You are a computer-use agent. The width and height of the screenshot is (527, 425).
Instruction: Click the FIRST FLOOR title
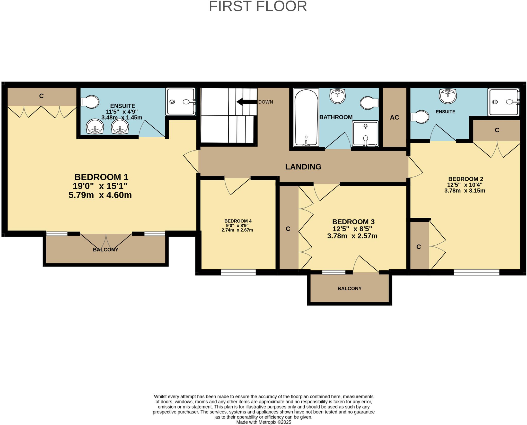tap(258, 6)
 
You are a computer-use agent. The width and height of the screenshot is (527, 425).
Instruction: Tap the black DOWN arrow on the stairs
tap(247, 102)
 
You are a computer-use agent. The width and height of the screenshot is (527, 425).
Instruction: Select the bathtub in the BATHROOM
tap(306, 118)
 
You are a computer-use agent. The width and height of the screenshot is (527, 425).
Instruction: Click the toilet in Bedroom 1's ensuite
tap(90, 102)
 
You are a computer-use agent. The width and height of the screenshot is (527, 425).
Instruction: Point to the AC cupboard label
tap(394, 118)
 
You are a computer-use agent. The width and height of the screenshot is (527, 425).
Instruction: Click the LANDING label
tap(303, 167)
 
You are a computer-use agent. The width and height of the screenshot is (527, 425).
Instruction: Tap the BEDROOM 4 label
tap(238, 221)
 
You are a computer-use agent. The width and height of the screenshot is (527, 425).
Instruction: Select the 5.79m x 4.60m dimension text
tap(100, 195)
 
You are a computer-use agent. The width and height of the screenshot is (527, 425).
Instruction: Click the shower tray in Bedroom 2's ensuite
tap(503, 102)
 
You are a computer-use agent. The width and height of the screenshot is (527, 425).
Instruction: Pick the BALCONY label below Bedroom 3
tap(349, 289)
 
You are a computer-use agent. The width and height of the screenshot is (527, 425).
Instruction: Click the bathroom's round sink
tap(337, 96)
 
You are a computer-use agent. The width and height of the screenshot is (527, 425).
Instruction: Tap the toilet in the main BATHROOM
tap(369, 103)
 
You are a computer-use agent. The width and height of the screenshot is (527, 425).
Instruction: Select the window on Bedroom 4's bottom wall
tap(238, 272)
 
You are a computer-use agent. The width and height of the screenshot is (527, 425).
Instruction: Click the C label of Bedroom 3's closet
tap(288, 229)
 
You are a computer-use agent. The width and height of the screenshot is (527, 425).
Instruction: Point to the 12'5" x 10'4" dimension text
tap(464, 185)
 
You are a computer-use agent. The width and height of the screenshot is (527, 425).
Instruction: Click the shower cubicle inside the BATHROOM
tap(365, 134)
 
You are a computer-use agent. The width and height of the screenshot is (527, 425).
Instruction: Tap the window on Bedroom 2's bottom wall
tap(476, 272)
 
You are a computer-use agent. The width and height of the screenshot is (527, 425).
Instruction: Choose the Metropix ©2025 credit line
tap(263, 422)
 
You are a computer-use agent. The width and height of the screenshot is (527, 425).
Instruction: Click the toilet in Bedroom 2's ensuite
tap(420, 117)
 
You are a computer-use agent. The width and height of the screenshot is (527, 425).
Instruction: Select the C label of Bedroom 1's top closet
tap(41, 96)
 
